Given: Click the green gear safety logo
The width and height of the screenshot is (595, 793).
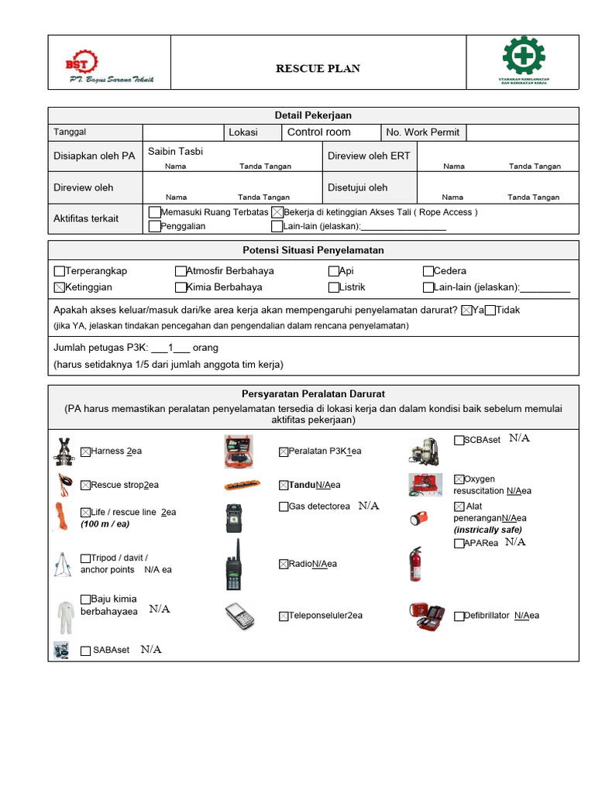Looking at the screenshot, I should [524, 57].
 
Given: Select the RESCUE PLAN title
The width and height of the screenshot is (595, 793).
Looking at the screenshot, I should [318, 69].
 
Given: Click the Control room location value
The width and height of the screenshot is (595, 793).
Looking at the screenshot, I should [318, 132].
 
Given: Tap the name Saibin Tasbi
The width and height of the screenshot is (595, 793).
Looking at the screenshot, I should [175, 152].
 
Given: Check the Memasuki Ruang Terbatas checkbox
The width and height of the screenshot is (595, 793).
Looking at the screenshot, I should [154, 212].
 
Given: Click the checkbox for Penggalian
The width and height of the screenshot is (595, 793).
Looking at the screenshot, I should [154, 227].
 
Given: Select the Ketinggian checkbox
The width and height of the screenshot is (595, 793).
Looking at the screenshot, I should [60, 287].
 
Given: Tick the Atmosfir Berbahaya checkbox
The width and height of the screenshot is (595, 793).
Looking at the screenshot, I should [181, 272].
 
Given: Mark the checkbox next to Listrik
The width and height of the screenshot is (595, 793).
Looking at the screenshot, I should [334, 287].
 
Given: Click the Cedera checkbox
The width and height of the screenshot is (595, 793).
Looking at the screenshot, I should [428, 272].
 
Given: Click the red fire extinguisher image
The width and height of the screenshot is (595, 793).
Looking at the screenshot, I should [417, 564].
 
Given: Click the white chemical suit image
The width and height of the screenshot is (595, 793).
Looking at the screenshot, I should [64, 617].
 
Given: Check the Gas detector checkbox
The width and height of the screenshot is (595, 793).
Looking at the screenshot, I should [284, 506].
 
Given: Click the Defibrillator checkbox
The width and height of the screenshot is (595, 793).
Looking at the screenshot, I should [459, 616].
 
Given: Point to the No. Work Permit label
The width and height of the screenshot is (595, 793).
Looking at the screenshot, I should [423, 132].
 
